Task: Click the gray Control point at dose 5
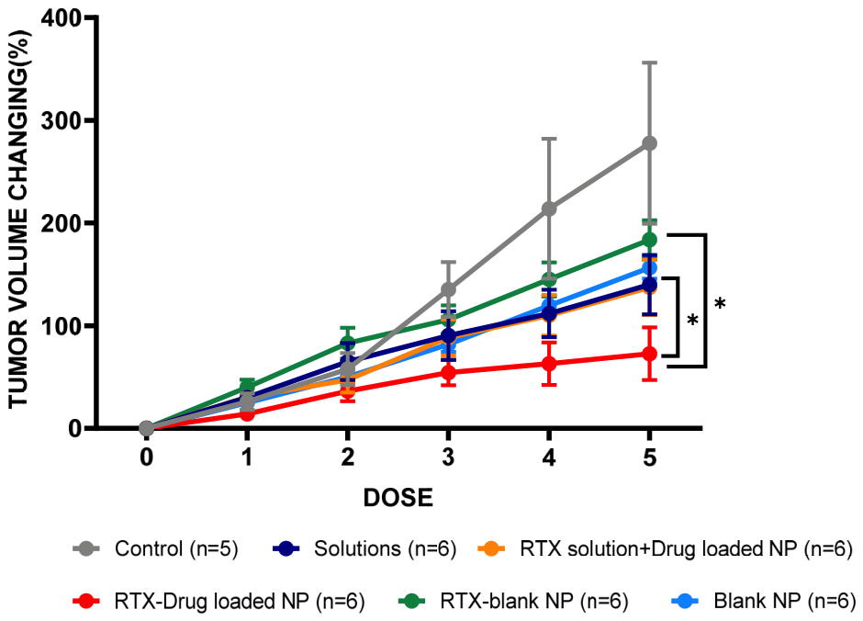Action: (x=650, y=143)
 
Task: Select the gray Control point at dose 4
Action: (x=549, y=209)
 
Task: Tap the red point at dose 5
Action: (x=650, y=354)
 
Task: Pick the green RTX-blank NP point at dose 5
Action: (x=650, y=240)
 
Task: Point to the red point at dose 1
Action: (x=247, y=413)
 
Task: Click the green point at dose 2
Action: (x=347, y=343)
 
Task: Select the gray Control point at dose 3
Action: (x=449, y=289)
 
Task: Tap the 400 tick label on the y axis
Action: (x=62, y=18)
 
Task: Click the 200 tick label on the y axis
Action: (x=62, y=223)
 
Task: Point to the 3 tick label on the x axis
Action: (x=449, y=457)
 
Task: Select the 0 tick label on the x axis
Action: (x=146, y=457)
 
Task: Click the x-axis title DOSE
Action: (x=398, y=498)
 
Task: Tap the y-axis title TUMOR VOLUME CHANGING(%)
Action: (x=18, y=220)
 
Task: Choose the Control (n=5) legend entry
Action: (x=156, y=548)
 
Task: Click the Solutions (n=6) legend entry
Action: (x=364, y=548)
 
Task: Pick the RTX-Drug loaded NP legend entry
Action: (x=219, y=601)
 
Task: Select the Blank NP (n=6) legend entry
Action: (x=764, y=601)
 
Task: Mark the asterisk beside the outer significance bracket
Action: (x=720, y=303)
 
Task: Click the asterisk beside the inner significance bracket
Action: (x=692, y=320)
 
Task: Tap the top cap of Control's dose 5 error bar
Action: (x=650, y=63)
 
